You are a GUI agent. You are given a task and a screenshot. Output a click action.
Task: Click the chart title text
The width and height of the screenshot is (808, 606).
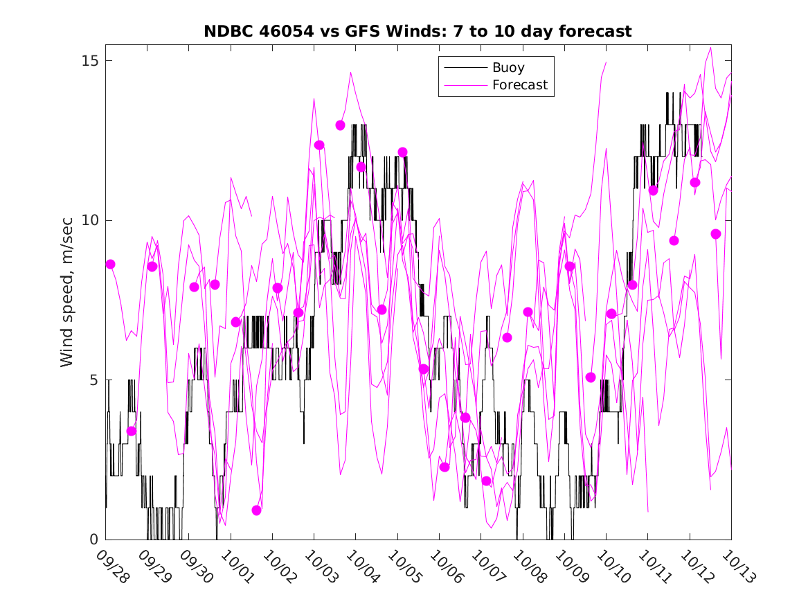pos(418,31)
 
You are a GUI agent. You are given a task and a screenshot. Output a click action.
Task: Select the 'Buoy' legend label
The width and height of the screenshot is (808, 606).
pos(508,68)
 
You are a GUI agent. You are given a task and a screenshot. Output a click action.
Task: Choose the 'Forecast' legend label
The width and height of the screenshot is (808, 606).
pos(519,85)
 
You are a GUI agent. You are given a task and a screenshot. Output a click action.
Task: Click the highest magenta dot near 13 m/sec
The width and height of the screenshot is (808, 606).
pos(340,125)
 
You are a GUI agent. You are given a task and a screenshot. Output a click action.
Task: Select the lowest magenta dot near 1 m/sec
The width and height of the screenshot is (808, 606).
pos(257,510)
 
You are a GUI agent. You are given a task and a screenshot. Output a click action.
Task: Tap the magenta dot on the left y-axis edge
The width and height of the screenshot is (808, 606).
pos(110,264)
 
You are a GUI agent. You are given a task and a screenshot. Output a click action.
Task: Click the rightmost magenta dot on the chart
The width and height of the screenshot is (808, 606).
pos(716,234)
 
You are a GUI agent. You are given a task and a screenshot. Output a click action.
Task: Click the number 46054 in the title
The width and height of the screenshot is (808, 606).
pos(293,31)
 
